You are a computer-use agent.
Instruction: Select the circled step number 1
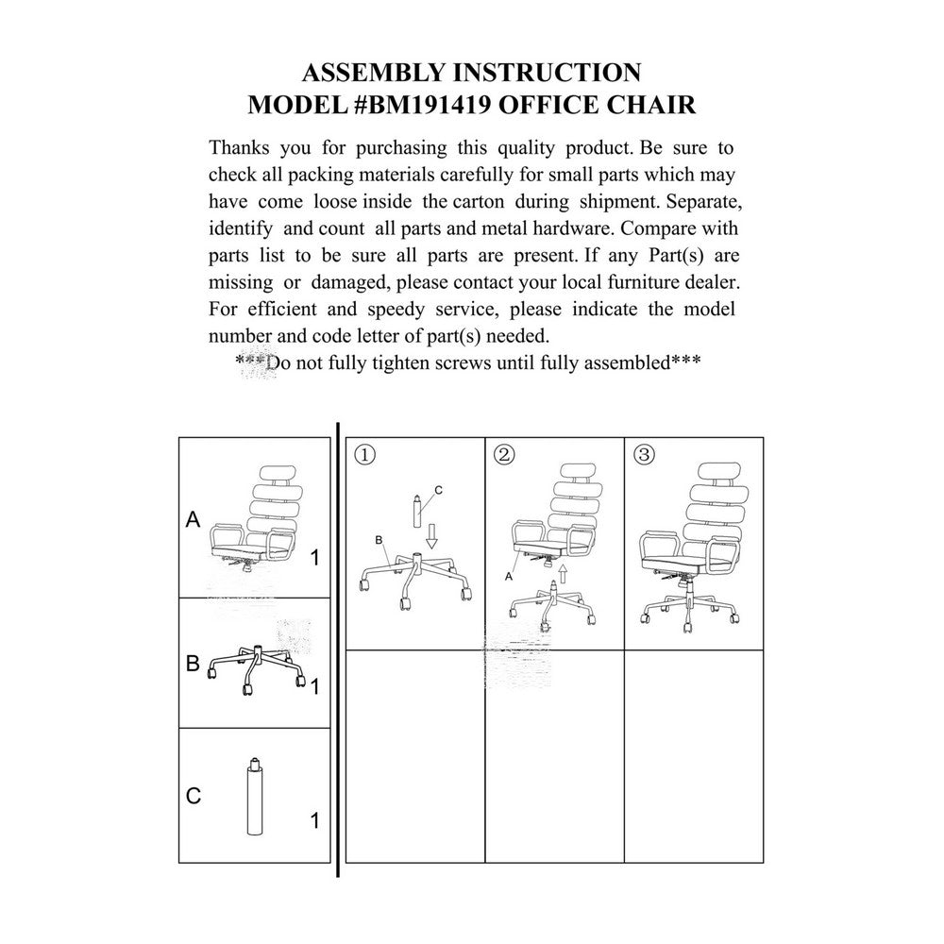tap(365, 454)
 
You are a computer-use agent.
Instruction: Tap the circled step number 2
tap(504, 454)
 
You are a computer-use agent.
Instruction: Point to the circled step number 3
tap(645, 454)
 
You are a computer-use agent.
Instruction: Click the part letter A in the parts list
tap(194, 519)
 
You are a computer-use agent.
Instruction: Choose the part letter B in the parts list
tap(193, 664)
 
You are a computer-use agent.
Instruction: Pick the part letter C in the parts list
tap(194, 796)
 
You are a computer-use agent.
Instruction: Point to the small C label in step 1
tap(439, 490)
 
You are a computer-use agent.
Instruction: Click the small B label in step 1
tap(378, 540)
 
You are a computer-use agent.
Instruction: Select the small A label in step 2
tap(509, 574)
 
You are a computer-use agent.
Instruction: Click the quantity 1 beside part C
tap(314, 821)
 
